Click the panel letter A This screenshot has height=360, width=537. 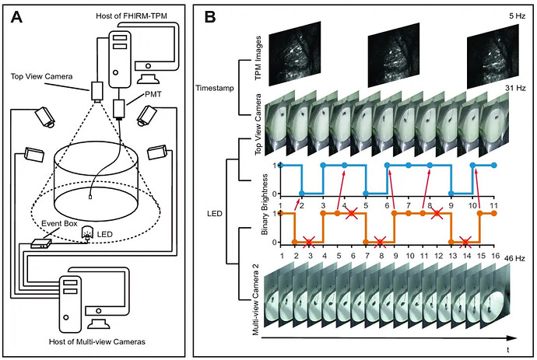(16, 19)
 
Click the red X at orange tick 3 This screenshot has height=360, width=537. (309, 243)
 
